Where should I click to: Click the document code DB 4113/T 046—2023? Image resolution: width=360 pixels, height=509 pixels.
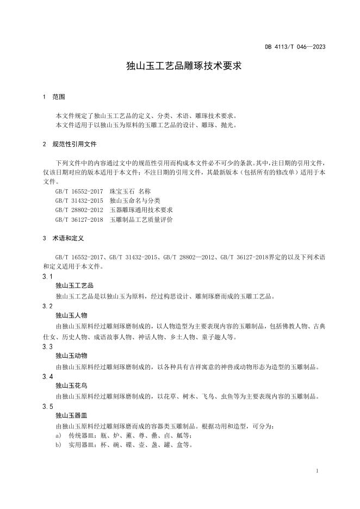(295, 47)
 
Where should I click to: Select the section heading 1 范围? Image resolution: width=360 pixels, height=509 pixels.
(54, 97)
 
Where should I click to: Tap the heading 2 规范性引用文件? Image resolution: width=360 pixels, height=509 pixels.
(69, 145)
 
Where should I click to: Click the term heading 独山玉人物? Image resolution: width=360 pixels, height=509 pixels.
(71, 316)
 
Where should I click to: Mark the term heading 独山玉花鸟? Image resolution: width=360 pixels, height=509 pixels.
(71, 386)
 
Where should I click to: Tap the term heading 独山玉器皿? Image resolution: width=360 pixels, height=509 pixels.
(71, 416)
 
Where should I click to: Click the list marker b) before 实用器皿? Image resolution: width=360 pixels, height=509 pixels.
(58, 445)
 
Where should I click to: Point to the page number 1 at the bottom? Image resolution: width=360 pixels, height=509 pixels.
(317, 471)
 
